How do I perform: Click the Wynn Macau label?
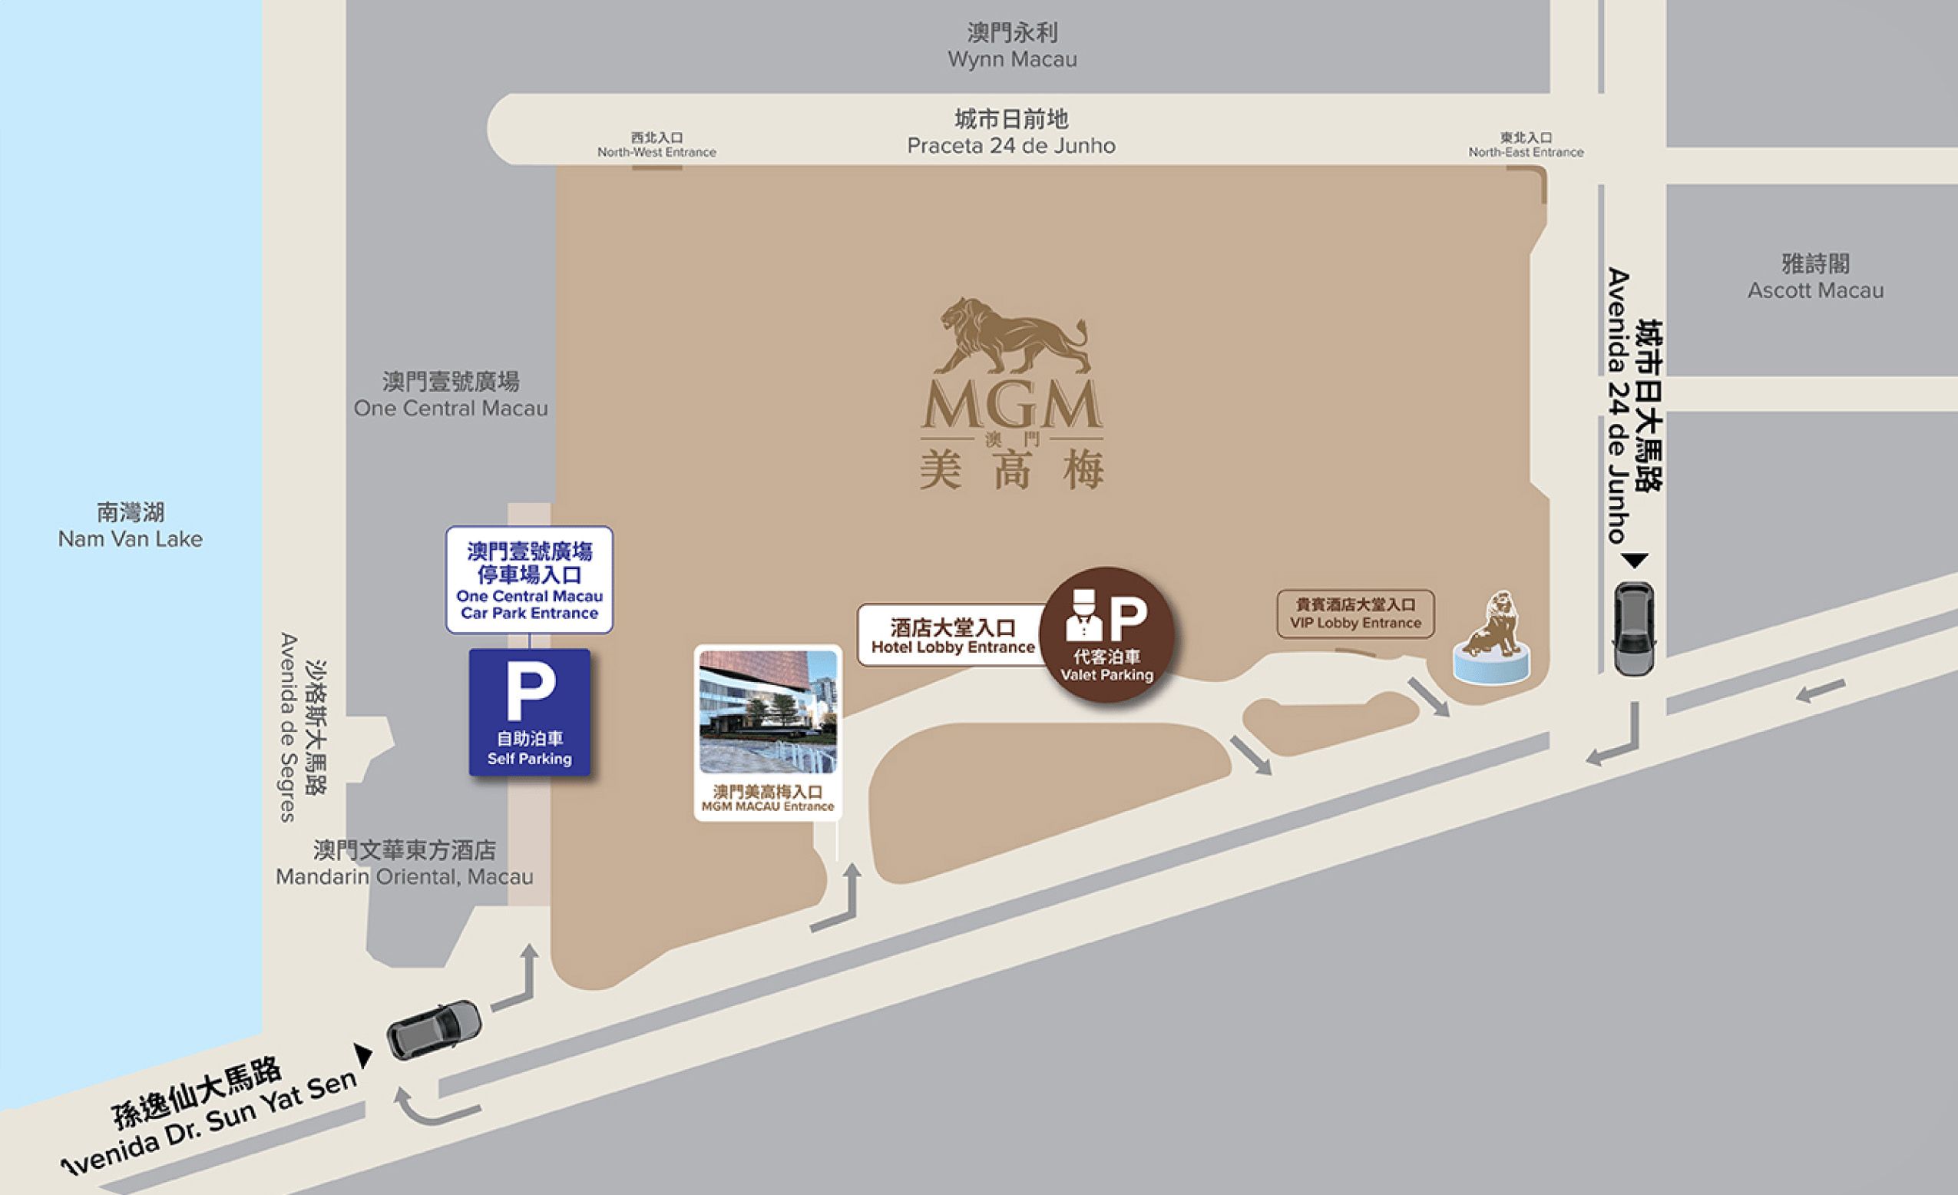[x=1011, y=46]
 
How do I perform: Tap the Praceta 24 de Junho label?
[x=1010, y=133]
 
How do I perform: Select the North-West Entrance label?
[x=657, y=145]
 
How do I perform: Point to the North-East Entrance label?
[x=1525, y=145]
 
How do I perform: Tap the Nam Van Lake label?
[x=131, y=525]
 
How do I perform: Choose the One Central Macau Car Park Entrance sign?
[x=529, y=580]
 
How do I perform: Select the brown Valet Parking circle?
[x=1106, y=634]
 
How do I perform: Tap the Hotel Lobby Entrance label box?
[x=952, y=636]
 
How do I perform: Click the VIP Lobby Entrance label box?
[x=1355, y=614]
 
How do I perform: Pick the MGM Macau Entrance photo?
[x=768, y=712]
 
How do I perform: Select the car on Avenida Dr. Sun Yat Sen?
[x=434, y=1030]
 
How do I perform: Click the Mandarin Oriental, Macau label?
[x=405, y=864]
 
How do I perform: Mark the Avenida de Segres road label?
[x=303, y=727]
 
